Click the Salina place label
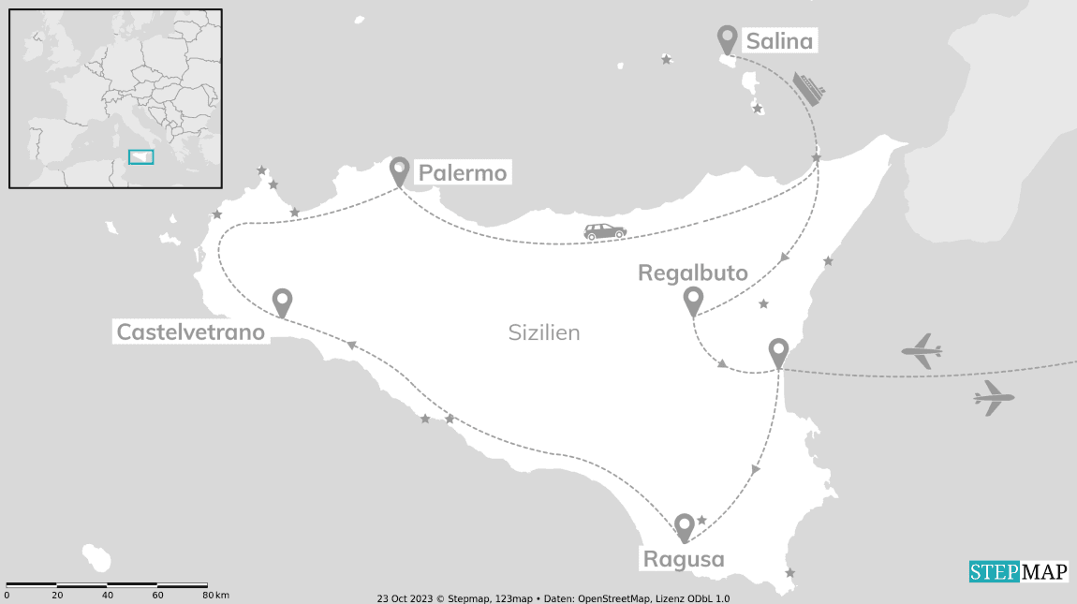click(778, 41)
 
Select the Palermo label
click(462, 173)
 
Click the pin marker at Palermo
click(400, 170)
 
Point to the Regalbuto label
click(693, 273)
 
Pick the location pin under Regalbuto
click(693, 302)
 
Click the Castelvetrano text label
click(190, 331)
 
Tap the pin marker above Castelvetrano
click(282, 302)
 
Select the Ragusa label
click(684, 559)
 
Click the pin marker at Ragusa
click(685, 527)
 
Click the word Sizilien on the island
click(544, 332)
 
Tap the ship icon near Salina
click(808, 88)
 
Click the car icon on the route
click(605, 231)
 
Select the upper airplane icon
click(922, 351)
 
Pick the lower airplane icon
click(994, 398)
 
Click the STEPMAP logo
click(1018, 571)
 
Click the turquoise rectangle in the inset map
click(140, 157)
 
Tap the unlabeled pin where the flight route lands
click(778, 353)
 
